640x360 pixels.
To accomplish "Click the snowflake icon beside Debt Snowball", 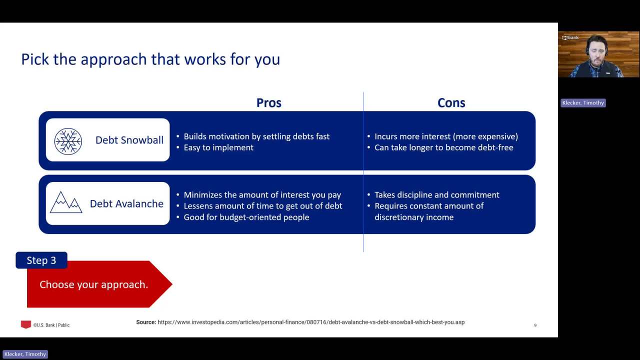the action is (x=68, y=141).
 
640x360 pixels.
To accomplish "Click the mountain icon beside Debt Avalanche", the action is (x=66, y=202).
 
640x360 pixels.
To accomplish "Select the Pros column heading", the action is (x=268, y=103).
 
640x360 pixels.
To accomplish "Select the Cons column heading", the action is (x=451, y=103).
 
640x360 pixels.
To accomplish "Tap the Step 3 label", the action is (x=41, y=260).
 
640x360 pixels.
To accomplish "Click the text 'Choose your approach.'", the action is (x=93, y=284).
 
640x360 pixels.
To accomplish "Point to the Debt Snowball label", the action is (x=129, y=140).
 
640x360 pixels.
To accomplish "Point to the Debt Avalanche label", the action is (x=126, y=203).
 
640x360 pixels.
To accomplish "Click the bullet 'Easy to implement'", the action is (x=218, y=147).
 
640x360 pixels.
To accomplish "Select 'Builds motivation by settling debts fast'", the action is (x=256, y=136).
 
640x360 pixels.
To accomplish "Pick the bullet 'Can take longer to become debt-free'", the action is (x=443, y=147).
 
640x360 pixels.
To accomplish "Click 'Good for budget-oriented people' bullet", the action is (x=246, y=217).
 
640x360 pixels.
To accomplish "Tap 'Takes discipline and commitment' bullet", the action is (x=437, y=194).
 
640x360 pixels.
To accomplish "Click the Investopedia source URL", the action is (x=311, y=322).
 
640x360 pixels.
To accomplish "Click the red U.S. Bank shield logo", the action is (x=25, y=324).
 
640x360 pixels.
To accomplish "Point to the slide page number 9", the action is (x=535, y=325).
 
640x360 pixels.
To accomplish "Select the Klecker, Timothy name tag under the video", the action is (x=583, y=103).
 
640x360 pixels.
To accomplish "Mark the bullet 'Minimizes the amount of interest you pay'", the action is (x=262, y=195).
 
